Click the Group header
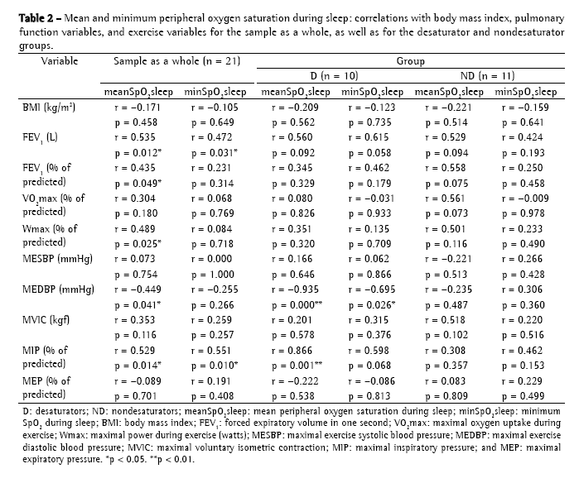click(x=411, y=60)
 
